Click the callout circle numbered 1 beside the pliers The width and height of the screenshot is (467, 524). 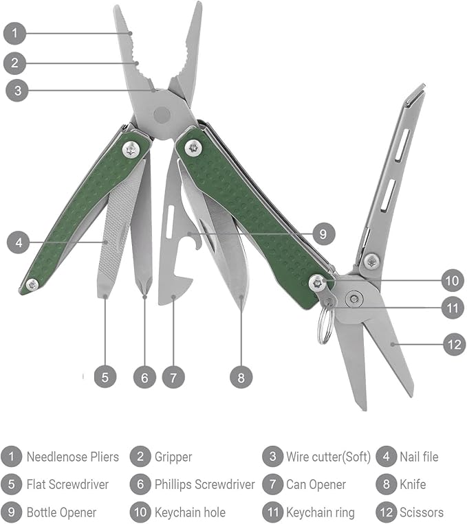point(15,32)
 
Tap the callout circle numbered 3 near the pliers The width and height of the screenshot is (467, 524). point(17,90)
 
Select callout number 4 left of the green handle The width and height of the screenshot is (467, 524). point(19,242)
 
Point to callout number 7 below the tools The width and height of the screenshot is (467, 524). point(173,377)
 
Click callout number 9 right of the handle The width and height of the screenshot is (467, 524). point(323,234)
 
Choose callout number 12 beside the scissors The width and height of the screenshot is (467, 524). point(454,343)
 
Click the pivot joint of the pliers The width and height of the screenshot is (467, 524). point(163,113)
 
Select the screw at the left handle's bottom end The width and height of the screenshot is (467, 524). point(31,284)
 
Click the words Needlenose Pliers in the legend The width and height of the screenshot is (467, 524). point(72,457)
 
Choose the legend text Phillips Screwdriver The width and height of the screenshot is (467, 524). point(204,485)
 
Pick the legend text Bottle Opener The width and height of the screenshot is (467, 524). point(61,512)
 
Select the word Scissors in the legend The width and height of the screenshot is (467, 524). point(422,512)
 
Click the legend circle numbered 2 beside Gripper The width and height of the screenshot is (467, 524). point(140,457)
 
